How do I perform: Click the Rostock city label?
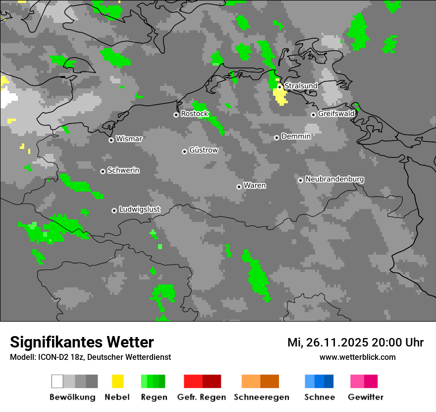click(x=194, y=114)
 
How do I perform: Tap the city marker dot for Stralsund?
click(x=279, y=86)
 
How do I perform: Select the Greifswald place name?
click(x=336, y=114)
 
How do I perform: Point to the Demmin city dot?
click(x=276, y=137)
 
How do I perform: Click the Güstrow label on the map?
click(x=203, y=150)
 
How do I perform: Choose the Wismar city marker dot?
click(x=111, y=140)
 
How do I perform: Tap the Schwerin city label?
click(x=123, y=170)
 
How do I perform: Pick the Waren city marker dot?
click(x=239, y=187)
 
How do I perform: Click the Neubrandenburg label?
click(x=334, y=179)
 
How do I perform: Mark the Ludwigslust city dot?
click(x=114, y=210)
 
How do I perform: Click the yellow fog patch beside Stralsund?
click(x=280, y=96)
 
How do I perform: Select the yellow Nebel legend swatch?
click(x=118, y=381)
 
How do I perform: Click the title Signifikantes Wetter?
click(x=82, y=342)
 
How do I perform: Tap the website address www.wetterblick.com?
click(x=357, y=357)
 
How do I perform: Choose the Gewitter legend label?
click(x=365, y=397)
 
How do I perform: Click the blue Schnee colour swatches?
click(x=319, y=381)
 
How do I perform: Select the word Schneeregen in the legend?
click(x=261, y=397)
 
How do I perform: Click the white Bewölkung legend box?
click(x=57, y=381)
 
